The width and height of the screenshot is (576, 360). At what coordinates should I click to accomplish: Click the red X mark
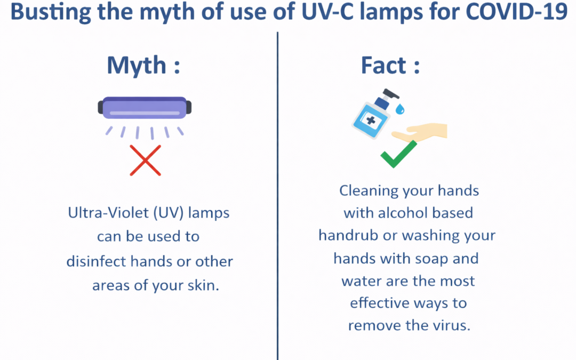pos(145,160)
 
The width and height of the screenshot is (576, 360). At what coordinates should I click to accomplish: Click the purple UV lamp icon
pos(145,108)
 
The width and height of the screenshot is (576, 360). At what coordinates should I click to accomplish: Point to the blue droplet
pos(399,109)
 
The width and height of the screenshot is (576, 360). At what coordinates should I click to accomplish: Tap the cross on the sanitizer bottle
pos(371,120)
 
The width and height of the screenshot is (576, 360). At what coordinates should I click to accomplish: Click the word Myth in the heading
pos(137,66)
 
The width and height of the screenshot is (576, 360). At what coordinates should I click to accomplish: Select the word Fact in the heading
pos(383,66)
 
